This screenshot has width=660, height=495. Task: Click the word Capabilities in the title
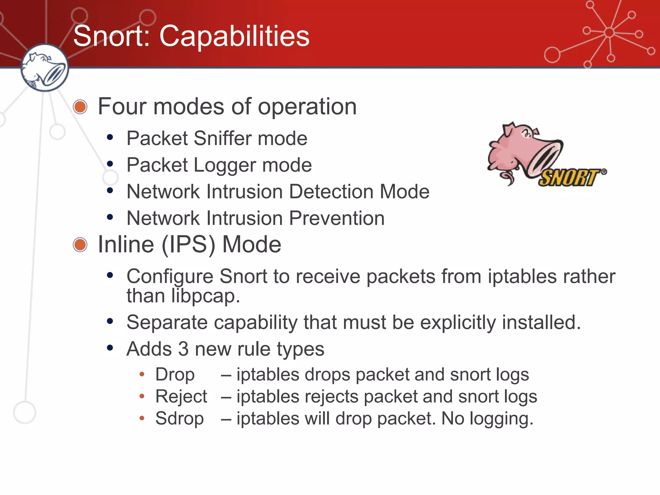coord(234,36)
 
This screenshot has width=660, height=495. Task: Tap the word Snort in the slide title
coord(112,36)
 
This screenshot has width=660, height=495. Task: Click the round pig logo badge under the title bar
coord(44,68)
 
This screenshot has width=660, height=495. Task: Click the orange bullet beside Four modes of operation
coord(80,107)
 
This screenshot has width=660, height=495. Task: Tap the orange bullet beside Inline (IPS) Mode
coord(80,245)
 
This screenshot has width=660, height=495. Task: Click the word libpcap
coord(206,296)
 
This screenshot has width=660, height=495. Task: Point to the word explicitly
coord(458,322)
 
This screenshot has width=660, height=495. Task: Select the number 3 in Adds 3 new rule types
coord(183,349)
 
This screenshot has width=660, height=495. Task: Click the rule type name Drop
coord(175,375)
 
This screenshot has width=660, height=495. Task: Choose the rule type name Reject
coord(181,397)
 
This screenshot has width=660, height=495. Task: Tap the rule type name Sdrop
coord(180,419)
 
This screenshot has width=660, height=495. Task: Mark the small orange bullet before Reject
coord(142,396)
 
